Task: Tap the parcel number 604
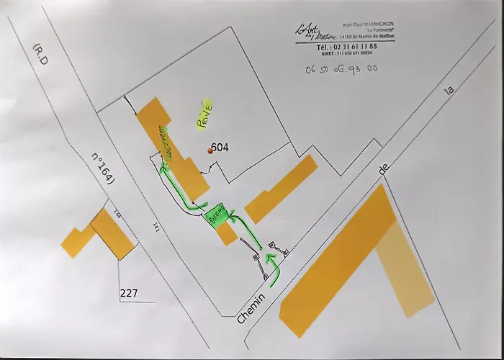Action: click(x=221, y=148)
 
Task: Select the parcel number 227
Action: click(x=130, y=293)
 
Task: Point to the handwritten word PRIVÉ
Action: click(x=204, y=114)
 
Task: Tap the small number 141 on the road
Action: click(x=156, y=227)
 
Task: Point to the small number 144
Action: click(x=116, y=215)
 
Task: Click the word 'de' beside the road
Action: click(x=383, y=168)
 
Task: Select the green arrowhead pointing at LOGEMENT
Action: click(x=163, y=130)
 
